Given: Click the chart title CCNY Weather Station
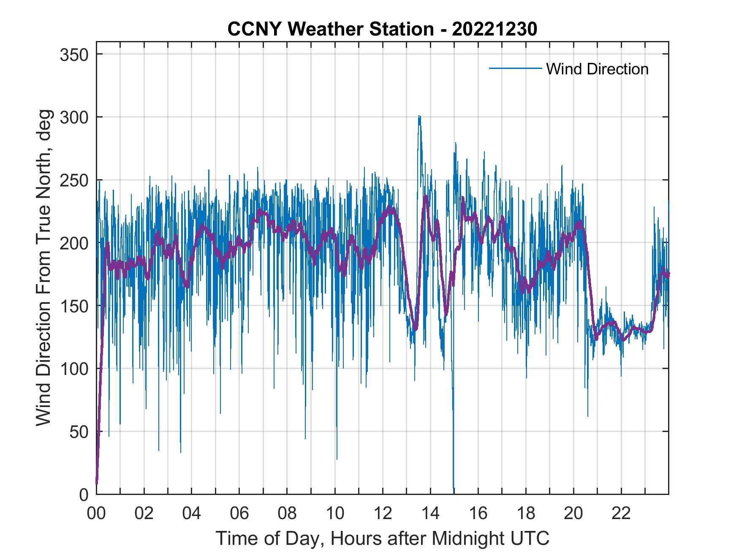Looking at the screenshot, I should (x=382, y=29).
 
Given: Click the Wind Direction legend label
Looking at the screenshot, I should (x=597, y=69).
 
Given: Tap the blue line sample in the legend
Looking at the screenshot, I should (x=515, y=68).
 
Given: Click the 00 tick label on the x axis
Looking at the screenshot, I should (x=96, y=514).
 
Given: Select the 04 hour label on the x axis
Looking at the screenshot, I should (x=192, y=514).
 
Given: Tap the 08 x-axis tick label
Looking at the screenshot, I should (x=287, y=514).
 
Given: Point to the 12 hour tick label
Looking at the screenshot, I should (x=383, y=514).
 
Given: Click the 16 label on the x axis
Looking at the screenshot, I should (x=478, y=514).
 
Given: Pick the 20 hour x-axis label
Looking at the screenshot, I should (x=573, y=514).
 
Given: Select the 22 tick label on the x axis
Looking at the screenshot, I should (x=621, y=514).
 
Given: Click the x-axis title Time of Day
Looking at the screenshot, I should (x=382, y=539).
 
